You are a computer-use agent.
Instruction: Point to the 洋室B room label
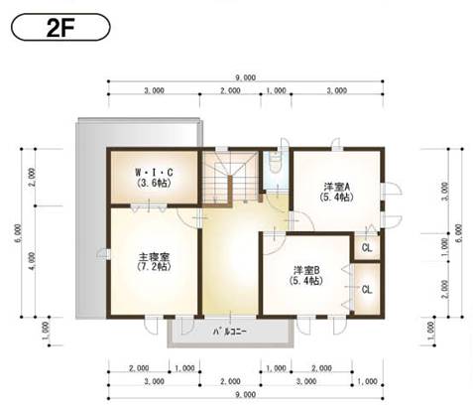pyautogui.click(x=306, y=270)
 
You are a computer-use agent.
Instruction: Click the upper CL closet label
pyautogui.click(x=367, y=247)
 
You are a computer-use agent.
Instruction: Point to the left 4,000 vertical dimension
pyautogui.click(x=31, y=260)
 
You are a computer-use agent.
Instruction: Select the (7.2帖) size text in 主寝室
pyautogui.click(x=152, y=268)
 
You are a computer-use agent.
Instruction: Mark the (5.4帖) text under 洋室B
pyautogui.click(x=306, y=282)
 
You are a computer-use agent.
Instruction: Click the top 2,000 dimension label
pyautogui.click(x=230, y=90)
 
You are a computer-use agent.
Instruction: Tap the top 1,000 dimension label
pyautogui.click(x=278, y=90)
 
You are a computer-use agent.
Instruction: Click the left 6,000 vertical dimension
pyautogui.click(x=17, y=233)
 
